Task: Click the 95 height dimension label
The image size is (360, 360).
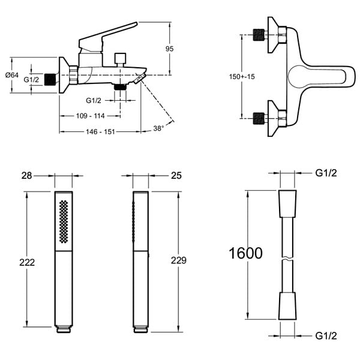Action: [169, 49]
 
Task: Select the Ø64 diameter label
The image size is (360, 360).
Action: [12, 75]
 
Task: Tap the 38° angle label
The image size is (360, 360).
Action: [158, 128]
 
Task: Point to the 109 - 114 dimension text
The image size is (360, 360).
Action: [90, 116]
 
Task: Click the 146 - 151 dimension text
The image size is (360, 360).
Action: [100, 132]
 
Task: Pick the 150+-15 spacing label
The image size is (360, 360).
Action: [242, 76]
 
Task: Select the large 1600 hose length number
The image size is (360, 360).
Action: [245, 253]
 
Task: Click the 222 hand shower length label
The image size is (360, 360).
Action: [27, 262]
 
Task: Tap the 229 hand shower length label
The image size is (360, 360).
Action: [179, 260]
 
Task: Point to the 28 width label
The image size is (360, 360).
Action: [26, 176]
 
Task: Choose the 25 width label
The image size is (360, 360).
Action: [176, 176]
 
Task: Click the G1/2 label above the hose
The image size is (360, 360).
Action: [326, 173]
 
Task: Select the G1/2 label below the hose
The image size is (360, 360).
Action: [326, 336]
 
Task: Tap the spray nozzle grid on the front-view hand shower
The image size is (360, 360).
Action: [64, 221]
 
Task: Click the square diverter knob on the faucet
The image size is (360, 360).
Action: [121, 58]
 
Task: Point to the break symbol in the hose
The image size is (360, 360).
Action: [287, 259]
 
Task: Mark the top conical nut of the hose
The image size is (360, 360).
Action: [287, 203]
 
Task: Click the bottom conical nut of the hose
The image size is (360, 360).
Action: [287, 306]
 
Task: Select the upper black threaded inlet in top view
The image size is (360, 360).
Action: [259, 35]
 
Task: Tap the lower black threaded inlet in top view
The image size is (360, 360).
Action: [259, 118]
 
